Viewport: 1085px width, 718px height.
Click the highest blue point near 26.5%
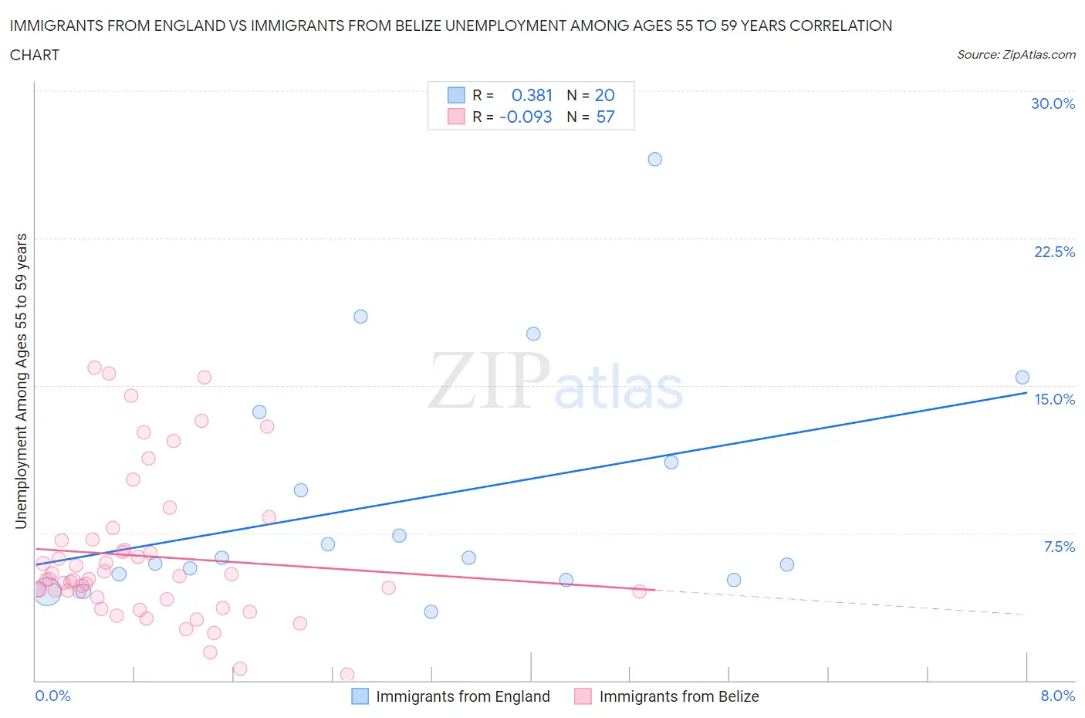tap(654, 159)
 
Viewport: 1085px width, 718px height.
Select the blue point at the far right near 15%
tap(1022, 378)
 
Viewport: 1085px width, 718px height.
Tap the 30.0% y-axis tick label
tap(1053, 103)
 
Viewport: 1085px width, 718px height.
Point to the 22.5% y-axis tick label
tap(1054, 252)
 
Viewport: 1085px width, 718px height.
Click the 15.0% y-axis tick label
tap(1054, 399)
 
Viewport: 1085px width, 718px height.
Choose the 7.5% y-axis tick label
tap(1059, 547)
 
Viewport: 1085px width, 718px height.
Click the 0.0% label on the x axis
tap(52, 696)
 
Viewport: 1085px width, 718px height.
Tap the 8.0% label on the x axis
tap(1057, 696)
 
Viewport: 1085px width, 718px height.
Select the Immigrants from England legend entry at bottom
tap(451, 696)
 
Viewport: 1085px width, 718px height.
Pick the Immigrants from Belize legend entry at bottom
tap(668, 696)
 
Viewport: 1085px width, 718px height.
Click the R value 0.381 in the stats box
tap(532, 95)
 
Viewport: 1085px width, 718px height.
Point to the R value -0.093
tap(526, 117)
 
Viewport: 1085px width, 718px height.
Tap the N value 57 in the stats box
tap(605, 117)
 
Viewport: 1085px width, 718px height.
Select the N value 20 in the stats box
tap(604, 95)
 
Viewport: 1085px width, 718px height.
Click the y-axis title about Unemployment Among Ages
tap(22, 381)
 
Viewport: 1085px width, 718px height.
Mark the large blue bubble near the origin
tap(47, 591)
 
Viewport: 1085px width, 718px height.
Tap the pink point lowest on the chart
tap(346, 675)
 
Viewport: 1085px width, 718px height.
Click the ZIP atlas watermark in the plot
tap(556, 381)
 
